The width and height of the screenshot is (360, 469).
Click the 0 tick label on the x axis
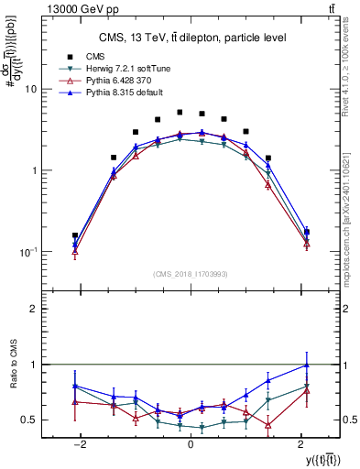point(191,443)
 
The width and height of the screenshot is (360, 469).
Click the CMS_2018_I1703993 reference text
point(191,273)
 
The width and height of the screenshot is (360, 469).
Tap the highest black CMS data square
point(180,113)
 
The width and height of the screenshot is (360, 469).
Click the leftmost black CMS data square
point(75,235)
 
